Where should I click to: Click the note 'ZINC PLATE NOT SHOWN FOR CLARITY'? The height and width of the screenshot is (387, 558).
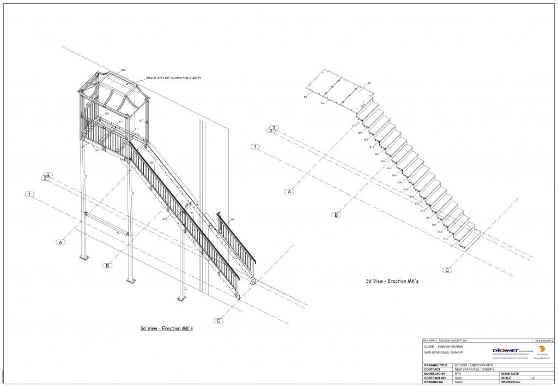click(x=173, y=78)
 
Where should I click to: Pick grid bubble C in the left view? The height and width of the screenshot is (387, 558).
click(x=219, y=321)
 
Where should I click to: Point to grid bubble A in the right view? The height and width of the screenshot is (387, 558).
click(x=290, y=192)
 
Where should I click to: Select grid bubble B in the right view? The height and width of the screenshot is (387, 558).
click(x=337, y=215)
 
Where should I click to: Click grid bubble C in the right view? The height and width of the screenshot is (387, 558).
click(x=447, y=270)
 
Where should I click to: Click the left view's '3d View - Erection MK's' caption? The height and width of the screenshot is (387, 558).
click(x=166, y=329)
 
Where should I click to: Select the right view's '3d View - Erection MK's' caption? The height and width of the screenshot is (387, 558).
click(x=392, y=281)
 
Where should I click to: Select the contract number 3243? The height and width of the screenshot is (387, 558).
click(x=458, y=378)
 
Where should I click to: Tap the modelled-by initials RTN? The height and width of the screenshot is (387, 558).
click(x=458, y=374)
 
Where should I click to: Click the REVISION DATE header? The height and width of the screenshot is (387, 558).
click(x=544, y=340)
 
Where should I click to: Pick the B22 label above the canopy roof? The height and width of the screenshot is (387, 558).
click(x=123, y=70)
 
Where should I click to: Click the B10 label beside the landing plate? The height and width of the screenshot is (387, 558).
click(x=323, y=103)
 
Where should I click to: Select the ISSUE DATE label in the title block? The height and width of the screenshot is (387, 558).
click(x=511, y=374)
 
